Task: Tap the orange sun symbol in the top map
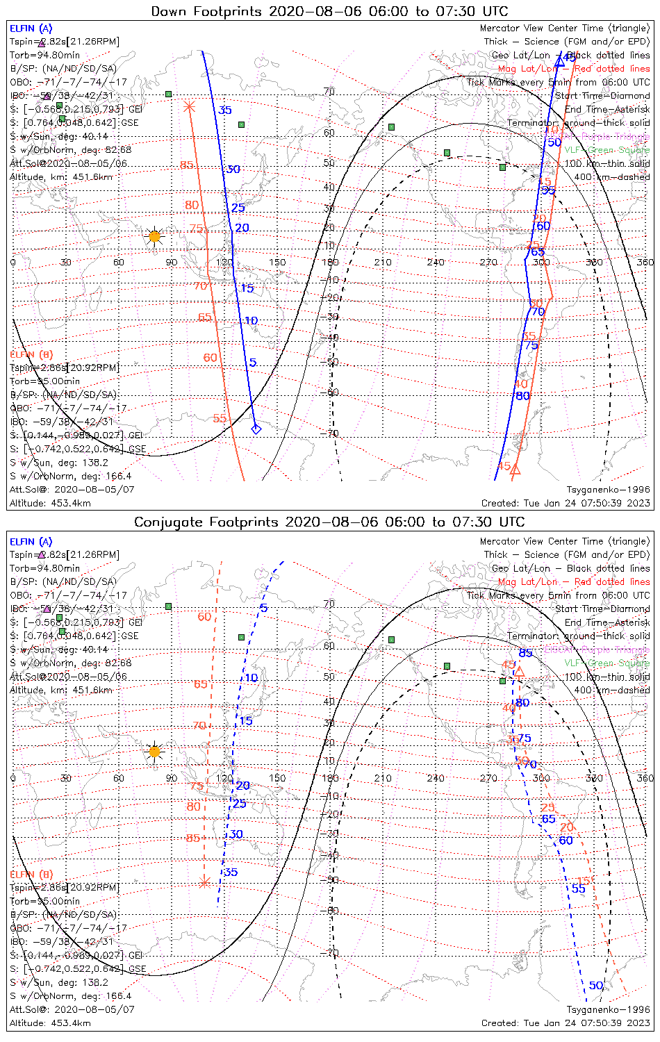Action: [154, 237]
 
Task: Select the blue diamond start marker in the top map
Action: [256, 429]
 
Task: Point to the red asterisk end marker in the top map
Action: [189, 106]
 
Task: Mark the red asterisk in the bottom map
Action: [204, 882]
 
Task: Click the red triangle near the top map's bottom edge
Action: [515, 470]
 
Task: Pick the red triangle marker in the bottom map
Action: [518, 671]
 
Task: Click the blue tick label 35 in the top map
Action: [225, 110]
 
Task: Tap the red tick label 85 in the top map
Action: [187, 165]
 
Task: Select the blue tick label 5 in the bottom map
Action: [263, 609]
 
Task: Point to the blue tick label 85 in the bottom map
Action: [525, 652]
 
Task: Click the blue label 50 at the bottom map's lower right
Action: [596, 985]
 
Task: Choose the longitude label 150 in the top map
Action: [277, 262]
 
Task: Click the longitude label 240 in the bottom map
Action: [436, 777]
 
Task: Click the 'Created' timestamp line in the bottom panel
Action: [566, 1023]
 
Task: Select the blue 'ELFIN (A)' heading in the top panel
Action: [31, 28]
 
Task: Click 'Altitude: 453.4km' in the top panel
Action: [50, 503]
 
